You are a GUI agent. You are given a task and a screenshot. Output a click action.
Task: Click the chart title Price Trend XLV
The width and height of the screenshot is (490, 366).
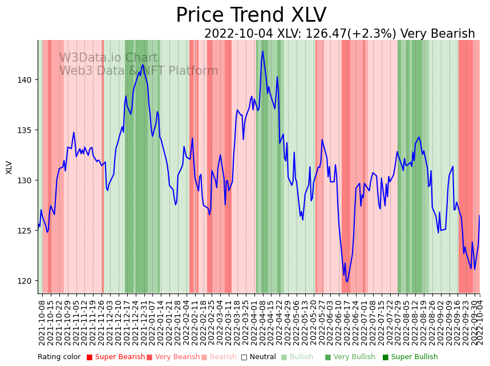[x=251, y=15]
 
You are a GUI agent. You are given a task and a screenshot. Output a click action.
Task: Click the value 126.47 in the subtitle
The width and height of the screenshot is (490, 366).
[x=322, y=34]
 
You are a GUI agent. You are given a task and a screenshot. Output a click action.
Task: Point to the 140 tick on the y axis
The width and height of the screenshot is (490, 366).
[x=27, y=80]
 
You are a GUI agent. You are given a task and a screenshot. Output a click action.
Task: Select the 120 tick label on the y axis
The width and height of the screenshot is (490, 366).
[x=27, y=281]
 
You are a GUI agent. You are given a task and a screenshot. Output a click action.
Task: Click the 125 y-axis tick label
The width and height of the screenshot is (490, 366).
[x=27, y=231]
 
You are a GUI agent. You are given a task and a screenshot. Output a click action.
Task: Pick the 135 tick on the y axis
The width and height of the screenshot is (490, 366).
[x=27, y=130]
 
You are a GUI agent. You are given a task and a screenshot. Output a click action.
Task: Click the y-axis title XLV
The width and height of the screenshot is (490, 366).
[x=9, y=167]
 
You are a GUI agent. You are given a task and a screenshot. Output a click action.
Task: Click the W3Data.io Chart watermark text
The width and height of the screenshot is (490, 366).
[x=108, y=58]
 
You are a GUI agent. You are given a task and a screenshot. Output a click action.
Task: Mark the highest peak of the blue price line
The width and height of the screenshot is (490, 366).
[x=262, y=51]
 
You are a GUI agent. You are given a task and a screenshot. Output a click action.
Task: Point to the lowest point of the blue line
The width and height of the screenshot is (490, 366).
[x=347, y=281]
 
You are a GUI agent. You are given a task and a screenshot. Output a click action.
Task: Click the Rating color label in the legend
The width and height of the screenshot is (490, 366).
[x=59, y=357]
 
